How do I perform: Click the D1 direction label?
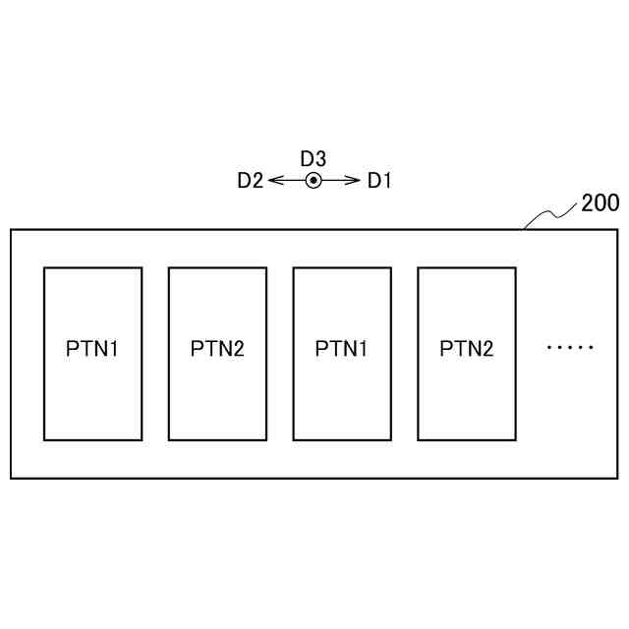379,181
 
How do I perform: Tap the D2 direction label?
250,181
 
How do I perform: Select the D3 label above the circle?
313,158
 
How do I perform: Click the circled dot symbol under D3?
313,180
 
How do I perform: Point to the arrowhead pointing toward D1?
356,180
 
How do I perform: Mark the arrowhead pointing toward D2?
272,180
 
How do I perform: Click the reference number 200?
600,203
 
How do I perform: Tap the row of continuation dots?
570,347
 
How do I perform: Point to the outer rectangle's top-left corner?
11,230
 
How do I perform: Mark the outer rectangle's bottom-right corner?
617,479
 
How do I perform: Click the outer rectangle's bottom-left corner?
11,479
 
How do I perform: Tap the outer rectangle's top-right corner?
617,230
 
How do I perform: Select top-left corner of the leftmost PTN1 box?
44,268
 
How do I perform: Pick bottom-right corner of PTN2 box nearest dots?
515,439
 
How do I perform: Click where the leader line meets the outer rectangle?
525,230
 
